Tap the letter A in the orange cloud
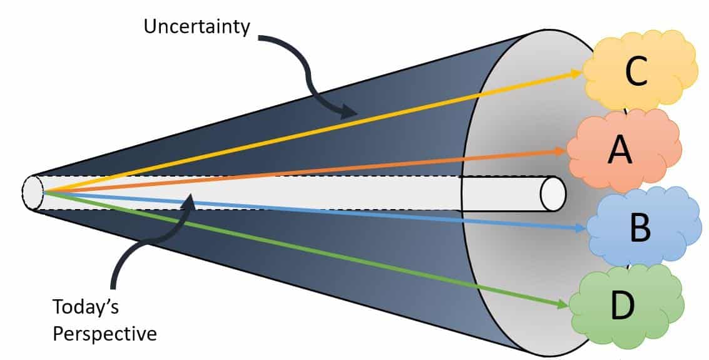coord(620,150)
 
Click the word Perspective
coord(105,333)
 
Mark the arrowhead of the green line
coord(562,306)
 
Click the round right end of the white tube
coord(553,193)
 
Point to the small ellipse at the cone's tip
coord(32,191)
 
